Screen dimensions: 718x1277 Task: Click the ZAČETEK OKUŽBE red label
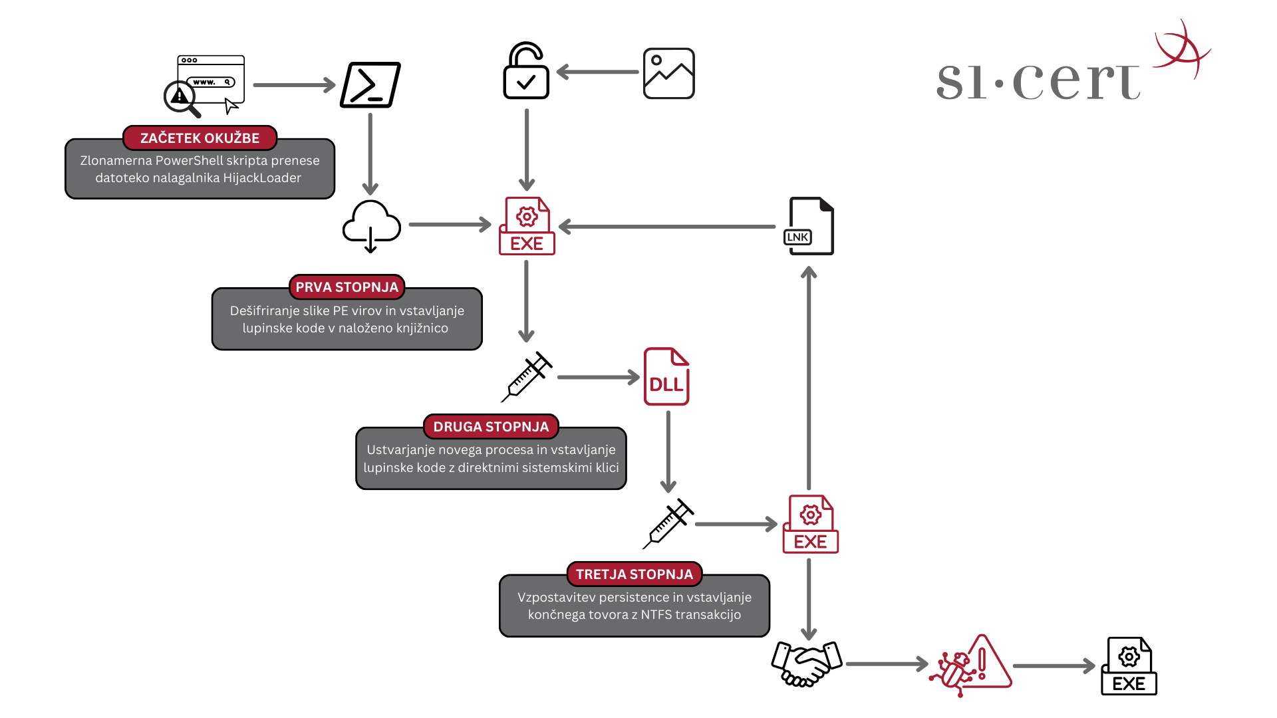(200, 138)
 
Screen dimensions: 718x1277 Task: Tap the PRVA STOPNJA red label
(347, 287)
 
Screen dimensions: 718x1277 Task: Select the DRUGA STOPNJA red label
(491, 427)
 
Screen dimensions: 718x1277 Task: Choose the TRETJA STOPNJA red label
(634, 574)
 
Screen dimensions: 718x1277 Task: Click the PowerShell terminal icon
(370, 85)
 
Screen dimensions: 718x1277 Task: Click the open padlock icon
(526, 72)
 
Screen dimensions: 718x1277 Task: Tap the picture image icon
(668, 73)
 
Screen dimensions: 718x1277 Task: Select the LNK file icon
(809, 226)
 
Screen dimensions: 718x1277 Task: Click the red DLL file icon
(666, 376)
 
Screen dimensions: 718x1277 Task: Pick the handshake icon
(807, 663)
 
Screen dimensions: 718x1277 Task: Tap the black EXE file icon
(1129, 666)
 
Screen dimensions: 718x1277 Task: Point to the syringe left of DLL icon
(527, 376)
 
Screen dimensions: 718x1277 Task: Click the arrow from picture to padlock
(597, 72)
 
